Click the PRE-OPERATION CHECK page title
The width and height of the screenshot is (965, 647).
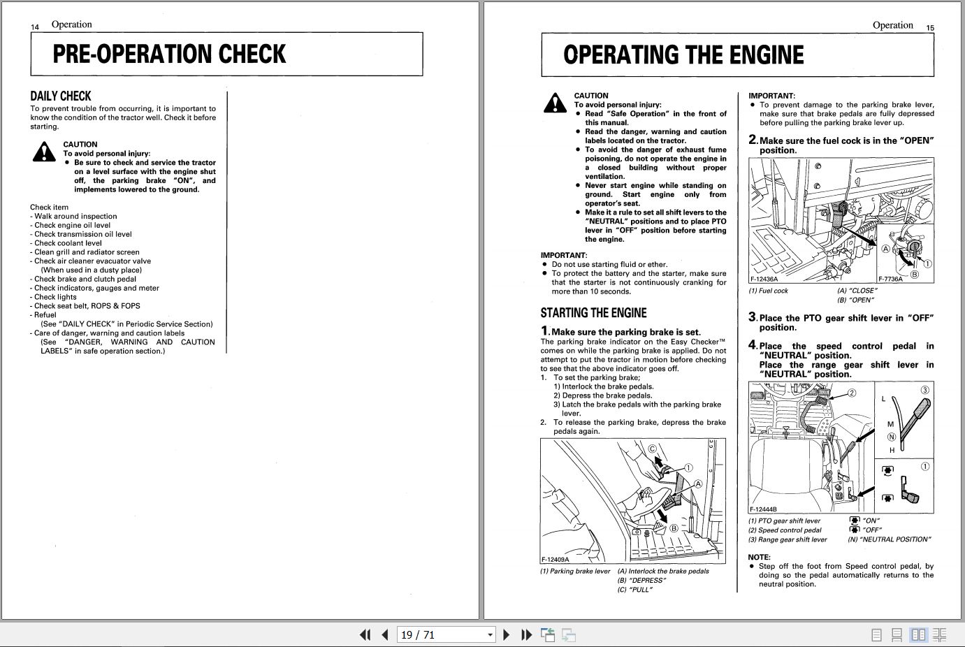169,54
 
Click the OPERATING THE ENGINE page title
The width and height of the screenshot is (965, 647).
683,55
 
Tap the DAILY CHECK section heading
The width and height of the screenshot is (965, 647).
61,96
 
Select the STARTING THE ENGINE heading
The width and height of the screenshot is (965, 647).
593,313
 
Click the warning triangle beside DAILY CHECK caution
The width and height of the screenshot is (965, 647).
44,152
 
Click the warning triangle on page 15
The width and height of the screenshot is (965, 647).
555,103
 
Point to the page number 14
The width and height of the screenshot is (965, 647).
35,27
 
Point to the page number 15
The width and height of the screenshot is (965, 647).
930,28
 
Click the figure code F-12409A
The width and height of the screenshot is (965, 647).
556,559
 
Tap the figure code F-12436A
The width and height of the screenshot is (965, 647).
764,279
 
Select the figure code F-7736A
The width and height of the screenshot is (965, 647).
891,279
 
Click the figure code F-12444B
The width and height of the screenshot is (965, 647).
764,509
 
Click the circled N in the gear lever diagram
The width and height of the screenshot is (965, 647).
891,437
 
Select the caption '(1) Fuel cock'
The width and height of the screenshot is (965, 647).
768,291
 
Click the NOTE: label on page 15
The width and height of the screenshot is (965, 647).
759,558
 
